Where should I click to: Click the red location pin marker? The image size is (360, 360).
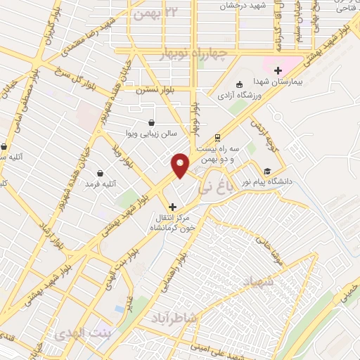(x=181, y=165)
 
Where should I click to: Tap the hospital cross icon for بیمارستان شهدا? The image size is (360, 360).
(x=278, y=70)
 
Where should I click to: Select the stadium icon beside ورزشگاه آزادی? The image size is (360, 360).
(x=239, y=84)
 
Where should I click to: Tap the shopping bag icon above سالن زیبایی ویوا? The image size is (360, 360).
(x=151, y=122)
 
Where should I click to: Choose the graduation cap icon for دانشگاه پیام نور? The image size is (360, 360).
(x=266, y=171)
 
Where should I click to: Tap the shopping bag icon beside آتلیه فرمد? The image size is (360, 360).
(x=100, y=172)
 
